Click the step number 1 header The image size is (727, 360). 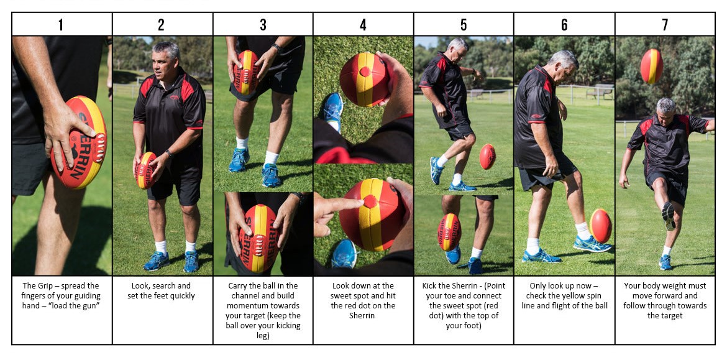point(61,24)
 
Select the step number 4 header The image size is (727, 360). point(363,24)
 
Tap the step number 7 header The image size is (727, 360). point(665,24)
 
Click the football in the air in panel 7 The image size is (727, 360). point(651,66)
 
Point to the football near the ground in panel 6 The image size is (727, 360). point(601,225)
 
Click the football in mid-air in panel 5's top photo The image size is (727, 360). point(488,157)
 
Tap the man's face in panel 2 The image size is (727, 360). point(165,63)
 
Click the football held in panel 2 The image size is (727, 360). point(146,170)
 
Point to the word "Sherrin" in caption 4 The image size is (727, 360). point(363,315)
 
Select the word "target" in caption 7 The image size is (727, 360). point(664,315)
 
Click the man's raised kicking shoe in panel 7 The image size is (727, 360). point(669,215)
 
